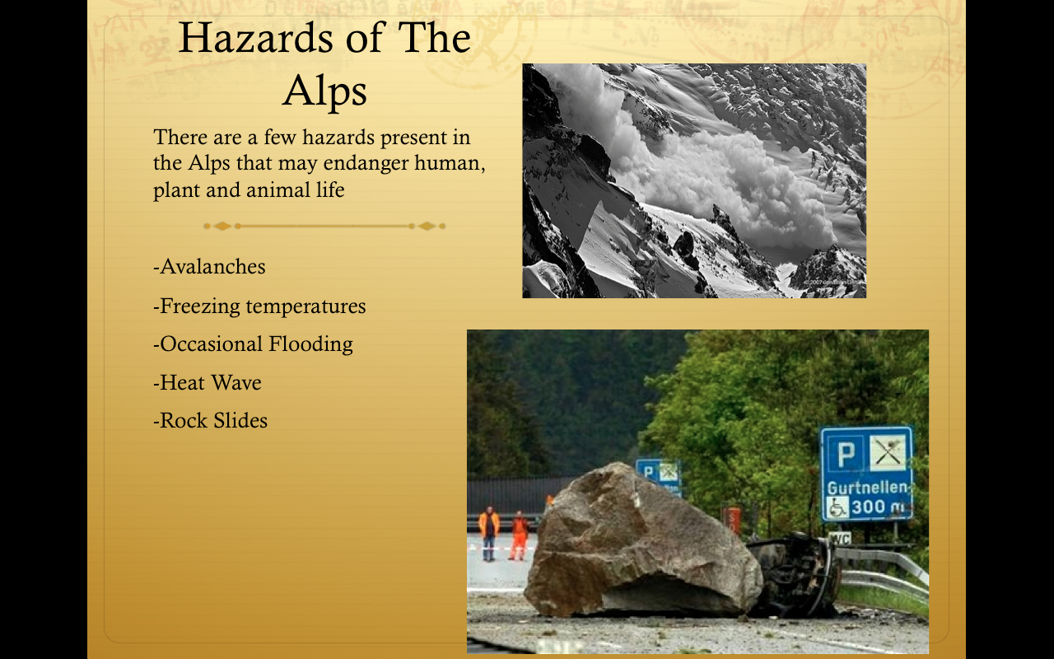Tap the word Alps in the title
tap(324, 91)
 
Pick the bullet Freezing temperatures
tap(259, 306)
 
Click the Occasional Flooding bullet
tap(253, 344)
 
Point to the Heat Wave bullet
tap(208, 382)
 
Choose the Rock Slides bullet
tap(210, 420)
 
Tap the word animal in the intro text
tap(279, 190)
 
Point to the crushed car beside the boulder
tap(795, 573)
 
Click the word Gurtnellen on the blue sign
tap(867, 488)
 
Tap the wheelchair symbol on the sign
tap(837, 508)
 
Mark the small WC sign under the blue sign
tap(839, 539)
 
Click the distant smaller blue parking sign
tap(659, 476)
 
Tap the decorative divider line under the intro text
tap(324, 226)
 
